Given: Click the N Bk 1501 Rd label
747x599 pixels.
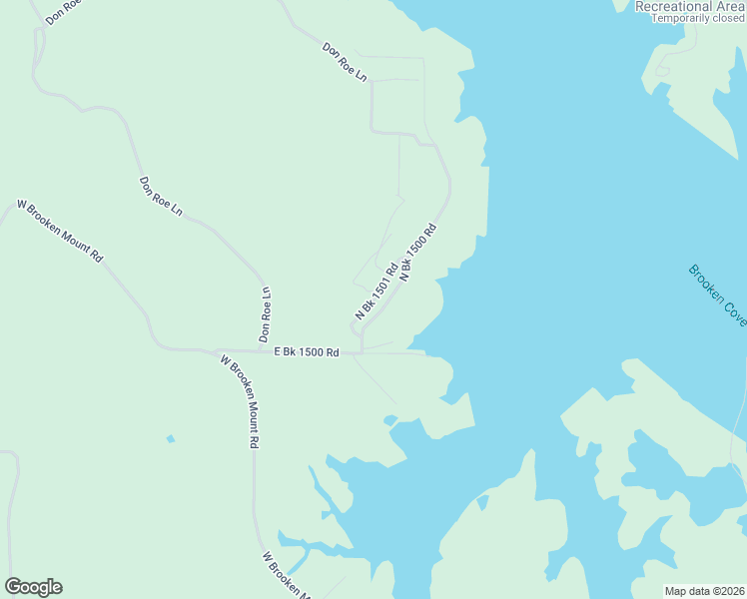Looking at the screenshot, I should coord(376,291).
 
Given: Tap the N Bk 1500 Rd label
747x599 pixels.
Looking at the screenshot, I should coord(418,253).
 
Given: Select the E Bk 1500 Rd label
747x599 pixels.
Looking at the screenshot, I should coord(307,352).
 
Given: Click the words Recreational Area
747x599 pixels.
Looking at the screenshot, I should coord(690,6).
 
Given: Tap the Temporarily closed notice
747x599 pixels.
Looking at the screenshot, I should coord(698,18).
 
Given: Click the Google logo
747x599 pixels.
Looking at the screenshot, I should coord(33,587).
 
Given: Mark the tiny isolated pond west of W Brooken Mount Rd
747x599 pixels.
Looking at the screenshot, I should coord(171,438).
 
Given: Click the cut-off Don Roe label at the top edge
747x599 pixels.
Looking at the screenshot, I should coord(62,11).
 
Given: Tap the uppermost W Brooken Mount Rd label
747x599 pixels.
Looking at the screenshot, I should coord(60,231).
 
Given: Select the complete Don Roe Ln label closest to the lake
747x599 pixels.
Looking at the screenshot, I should coord(345,62).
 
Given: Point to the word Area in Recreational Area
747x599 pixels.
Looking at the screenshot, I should coord(731,6).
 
